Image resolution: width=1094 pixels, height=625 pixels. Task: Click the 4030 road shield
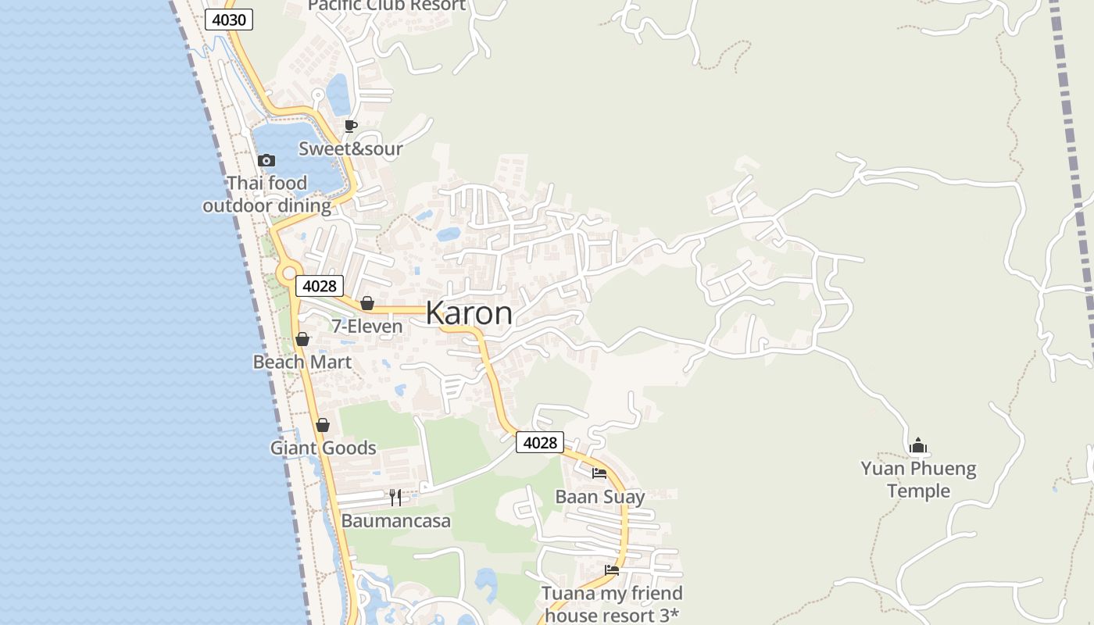pyautogui.click(x=229, y=20)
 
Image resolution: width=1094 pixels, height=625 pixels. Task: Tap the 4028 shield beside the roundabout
pyautogui.click(x=319, y=286)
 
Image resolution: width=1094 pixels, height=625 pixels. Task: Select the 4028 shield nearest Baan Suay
pyautogui.click(x=539, y=443)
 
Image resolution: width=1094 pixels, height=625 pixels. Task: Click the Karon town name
pyautogui.click(x=469, y=313)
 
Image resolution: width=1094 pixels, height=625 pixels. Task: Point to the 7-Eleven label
pyautogui.click(x=367, y=327)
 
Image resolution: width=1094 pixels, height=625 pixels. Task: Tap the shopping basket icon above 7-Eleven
pyautogui.click(x=367, y=303)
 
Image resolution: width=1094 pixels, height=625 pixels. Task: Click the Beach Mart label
pyautogui.click(x=302, y=362)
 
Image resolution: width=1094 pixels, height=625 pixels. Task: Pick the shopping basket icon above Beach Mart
pyautogui.click(x=302, y=339)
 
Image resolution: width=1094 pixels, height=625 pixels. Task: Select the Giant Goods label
pyautogui.click(x=323, y=448)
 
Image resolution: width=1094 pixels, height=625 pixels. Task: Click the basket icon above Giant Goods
pyautogui.click(x=323, y=425)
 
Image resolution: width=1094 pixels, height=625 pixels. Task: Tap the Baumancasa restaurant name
pyautogui.click(x=395, y=521)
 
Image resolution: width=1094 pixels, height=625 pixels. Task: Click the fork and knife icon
pyautogui.click(x=395, y=498)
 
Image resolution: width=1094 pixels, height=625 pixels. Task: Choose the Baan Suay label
pyautogui.click(x=599, y=497)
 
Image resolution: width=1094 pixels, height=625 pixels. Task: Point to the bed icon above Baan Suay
pyautogui.click(x=599, y=473)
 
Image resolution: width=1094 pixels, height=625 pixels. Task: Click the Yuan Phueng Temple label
pyautogui.click(x=918, y=480)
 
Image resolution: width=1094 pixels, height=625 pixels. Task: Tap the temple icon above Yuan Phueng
pyautogui.click(x=918, y=445)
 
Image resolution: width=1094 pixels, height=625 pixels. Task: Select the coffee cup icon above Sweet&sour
pyautogui.click(x=351, y=126)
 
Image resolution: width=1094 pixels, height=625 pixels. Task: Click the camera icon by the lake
pyautogui.click(x=266, y=160)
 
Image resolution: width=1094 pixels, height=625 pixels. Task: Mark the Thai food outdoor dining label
pyautogui.click(x=267, y=195)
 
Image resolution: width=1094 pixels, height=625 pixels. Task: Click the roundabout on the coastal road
pyautogui.click(x=289, y=273)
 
